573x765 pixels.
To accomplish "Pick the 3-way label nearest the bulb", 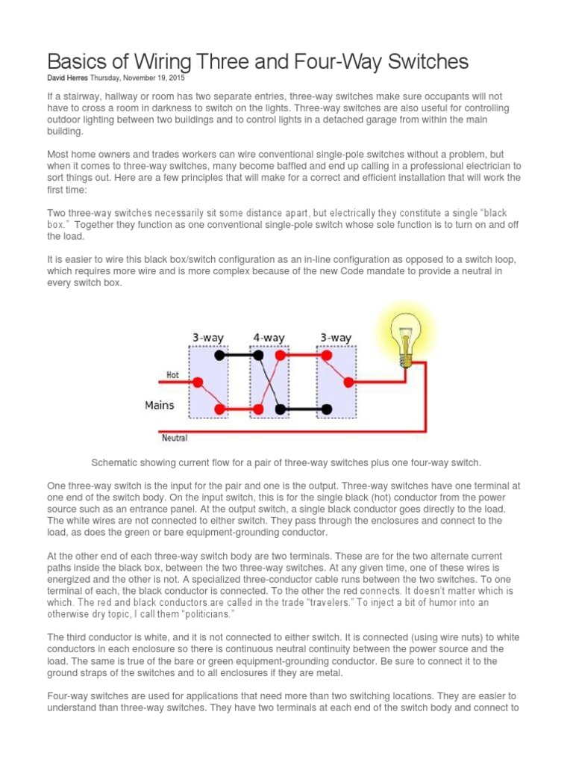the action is [335, 338].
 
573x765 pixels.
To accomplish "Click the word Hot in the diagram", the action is [172, 375].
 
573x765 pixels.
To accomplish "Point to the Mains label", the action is [159, 405].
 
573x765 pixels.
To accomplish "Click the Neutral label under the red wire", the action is [175, 438].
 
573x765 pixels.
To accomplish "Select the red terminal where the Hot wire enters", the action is [198, 382].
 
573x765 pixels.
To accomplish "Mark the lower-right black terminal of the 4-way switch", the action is [280, 409].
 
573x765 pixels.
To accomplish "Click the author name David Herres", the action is [68, 78].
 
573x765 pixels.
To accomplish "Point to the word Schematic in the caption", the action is [116, 462].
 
